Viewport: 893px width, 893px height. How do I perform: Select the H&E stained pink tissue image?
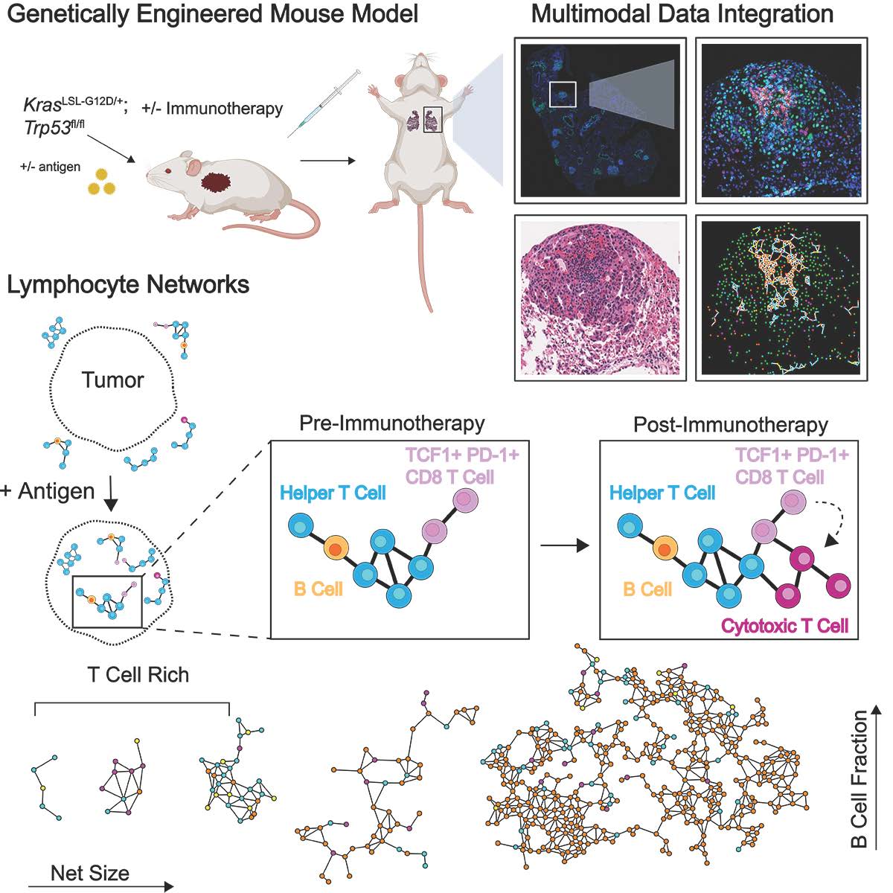(600, 298)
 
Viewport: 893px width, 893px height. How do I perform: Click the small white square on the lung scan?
(563, 94)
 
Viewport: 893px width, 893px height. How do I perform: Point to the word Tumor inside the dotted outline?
(112, 380)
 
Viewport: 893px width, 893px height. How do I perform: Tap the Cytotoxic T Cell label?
(784, 626)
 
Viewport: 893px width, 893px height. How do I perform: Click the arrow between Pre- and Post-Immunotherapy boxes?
(564, 545)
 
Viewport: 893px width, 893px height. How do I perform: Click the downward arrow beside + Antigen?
(111, 498)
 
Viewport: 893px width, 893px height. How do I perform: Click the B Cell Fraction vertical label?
(859, 778)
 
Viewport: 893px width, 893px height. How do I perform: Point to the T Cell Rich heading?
(138, 675)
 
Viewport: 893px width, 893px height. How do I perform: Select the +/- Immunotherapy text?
(212, 109)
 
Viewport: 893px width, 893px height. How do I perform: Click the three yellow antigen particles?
(102, 182)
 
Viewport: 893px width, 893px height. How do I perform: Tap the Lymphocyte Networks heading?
(128, 284)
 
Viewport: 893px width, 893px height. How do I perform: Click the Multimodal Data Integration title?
(682, 14)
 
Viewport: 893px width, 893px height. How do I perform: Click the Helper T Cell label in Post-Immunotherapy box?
(662, 493)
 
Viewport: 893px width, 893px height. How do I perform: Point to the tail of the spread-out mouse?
(426, 260)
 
